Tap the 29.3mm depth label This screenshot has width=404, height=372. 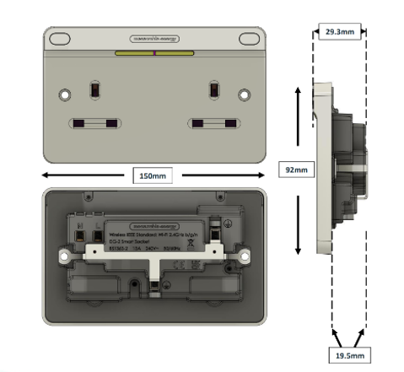point(339,31)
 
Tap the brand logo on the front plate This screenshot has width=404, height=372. point(155,39)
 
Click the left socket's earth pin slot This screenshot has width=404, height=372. point(94,89)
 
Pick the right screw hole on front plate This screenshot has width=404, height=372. point(244,94)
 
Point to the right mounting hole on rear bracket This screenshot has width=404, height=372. point(244,255)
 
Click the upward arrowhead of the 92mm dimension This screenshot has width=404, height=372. point(297,87)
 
